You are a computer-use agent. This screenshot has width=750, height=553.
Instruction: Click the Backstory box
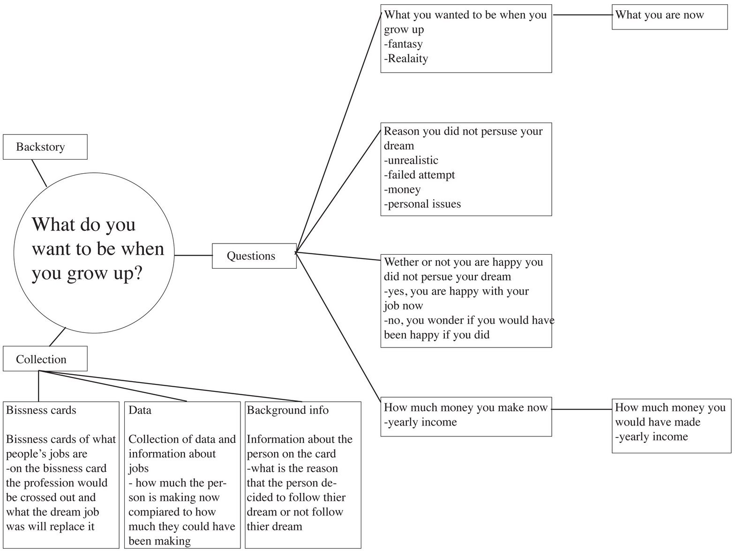point(45,147)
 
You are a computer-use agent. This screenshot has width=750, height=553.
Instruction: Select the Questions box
point(254,256)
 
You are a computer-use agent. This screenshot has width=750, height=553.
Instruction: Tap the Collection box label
point(41,359)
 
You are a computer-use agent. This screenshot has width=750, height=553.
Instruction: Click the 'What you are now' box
point(669,16)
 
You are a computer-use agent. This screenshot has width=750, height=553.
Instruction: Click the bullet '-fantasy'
point(403,44)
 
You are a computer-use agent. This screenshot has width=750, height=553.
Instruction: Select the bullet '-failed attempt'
point(419,175)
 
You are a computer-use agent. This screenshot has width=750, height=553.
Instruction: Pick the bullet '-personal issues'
point(422,204)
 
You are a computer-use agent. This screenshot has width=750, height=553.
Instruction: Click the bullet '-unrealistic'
point(411,161)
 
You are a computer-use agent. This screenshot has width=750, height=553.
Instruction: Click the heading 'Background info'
point(287,410)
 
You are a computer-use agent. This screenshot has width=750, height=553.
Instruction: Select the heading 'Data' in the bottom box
point(140,410)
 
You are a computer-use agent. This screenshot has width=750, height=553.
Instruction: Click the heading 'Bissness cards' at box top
point(41,410)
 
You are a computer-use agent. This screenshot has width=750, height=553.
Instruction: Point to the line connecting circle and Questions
point(193,255)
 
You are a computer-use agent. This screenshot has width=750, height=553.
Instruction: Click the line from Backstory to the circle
point(39,173)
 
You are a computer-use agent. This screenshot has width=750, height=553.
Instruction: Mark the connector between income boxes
point(581,409)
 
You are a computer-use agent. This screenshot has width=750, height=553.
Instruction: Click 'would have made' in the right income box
point(657,422)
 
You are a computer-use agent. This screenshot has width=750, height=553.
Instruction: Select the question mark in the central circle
point(137,273)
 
